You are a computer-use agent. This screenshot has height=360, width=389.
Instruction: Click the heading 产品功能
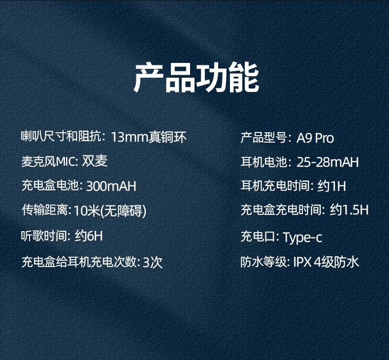196,78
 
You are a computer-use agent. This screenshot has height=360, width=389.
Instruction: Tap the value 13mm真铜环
149,137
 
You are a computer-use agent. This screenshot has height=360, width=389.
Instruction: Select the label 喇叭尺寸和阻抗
61,137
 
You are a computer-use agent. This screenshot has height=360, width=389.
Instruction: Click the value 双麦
95,161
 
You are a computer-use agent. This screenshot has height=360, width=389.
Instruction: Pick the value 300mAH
111,186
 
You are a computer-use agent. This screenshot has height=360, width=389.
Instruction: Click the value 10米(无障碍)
110,211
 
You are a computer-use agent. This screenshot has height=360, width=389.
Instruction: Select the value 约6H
89,237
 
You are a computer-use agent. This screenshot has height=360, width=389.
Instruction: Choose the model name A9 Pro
315,138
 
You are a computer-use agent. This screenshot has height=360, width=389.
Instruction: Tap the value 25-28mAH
327,162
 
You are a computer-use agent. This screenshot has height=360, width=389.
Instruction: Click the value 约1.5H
349,211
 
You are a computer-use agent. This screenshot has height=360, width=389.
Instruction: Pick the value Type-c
302,238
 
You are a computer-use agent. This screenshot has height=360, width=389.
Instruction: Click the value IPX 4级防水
326,262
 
